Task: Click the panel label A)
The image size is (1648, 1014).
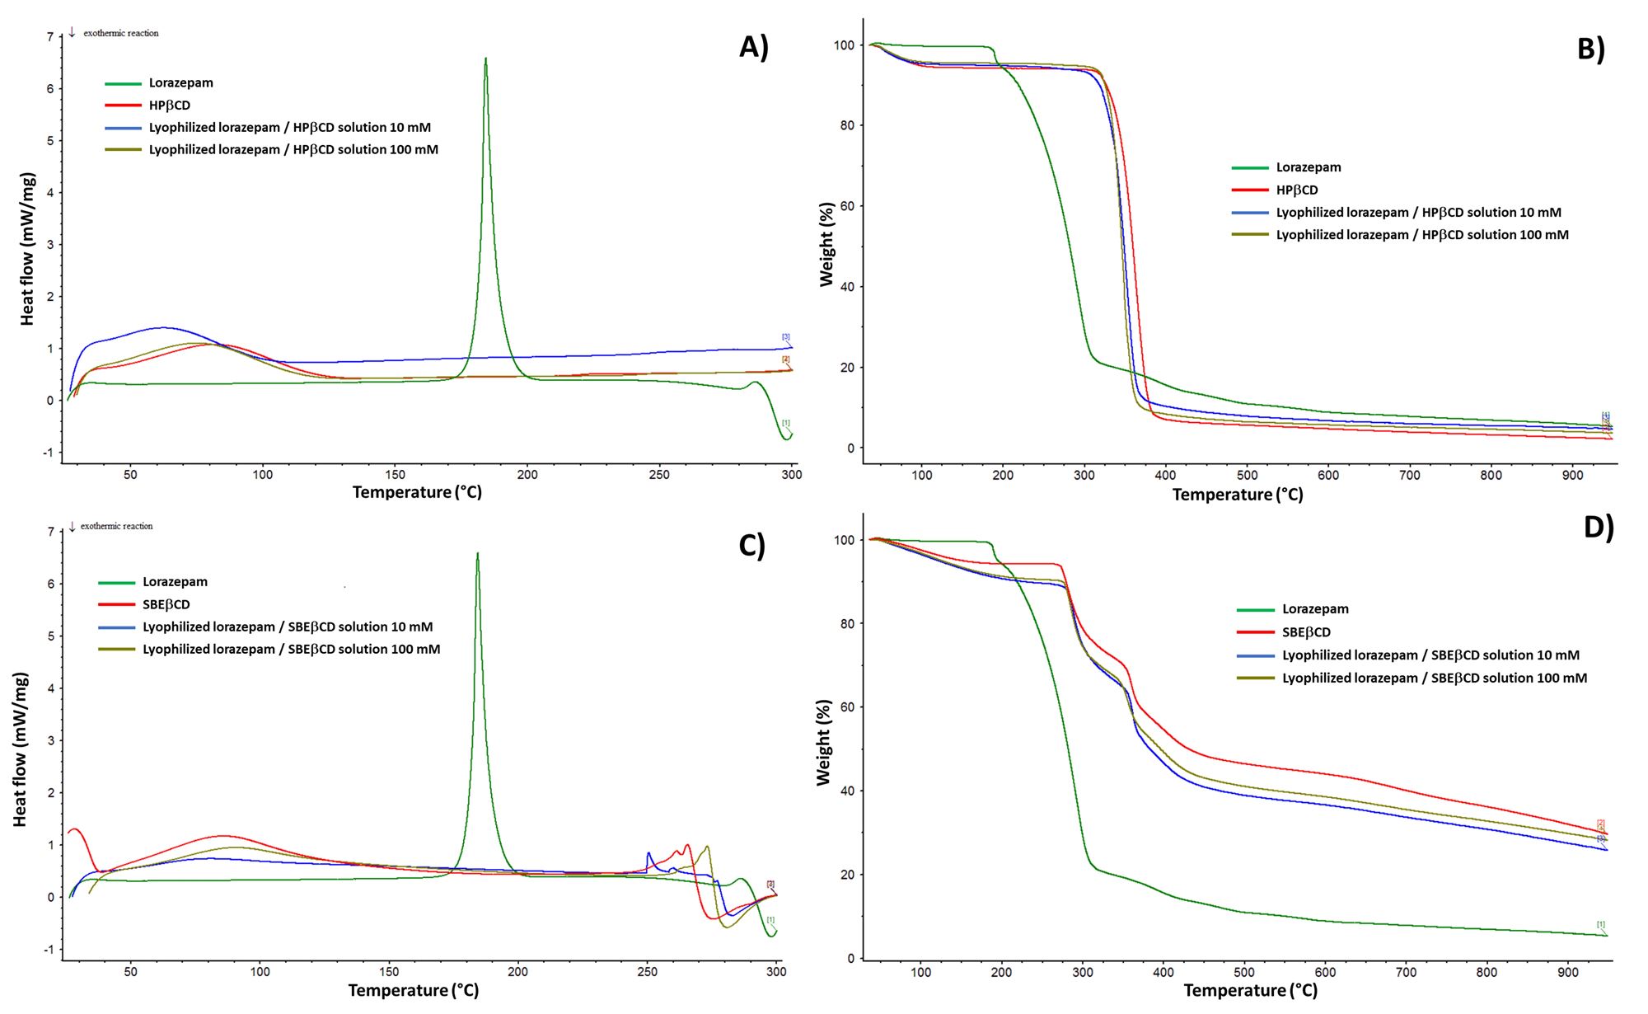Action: click(753, 47)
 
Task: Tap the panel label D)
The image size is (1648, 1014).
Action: click(1598, 527)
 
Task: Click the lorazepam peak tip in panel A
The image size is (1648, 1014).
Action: click(485, 59)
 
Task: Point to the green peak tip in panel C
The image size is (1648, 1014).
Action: click(477, 554)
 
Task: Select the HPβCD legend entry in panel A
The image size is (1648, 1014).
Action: click(169, 106)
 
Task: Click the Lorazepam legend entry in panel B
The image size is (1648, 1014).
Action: click(1308, 167)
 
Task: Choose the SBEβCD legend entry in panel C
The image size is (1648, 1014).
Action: click(166, 604)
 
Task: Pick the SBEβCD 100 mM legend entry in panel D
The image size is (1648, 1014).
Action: click(1434, 678)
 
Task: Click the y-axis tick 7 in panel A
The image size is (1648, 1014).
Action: click(49, 37)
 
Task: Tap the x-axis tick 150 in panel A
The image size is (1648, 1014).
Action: click(395, 475)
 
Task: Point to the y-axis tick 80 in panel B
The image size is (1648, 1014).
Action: click(844, 125)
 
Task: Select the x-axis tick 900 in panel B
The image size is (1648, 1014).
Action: click(1571, 476)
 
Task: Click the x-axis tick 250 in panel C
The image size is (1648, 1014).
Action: click(647, 972)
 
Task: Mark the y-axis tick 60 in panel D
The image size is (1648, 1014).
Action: click(847, 707)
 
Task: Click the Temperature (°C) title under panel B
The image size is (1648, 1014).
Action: click(1237, 495)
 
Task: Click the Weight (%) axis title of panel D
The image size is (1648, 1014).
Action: click(823, 742)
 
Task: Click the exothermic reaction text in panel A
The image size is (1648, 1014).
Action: click(120, 33)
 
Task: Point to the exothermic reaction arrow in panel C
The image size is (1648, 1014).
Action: click(73, 526)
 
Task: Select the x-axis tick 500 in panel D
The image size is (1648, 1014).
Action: click(1243, 973)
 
